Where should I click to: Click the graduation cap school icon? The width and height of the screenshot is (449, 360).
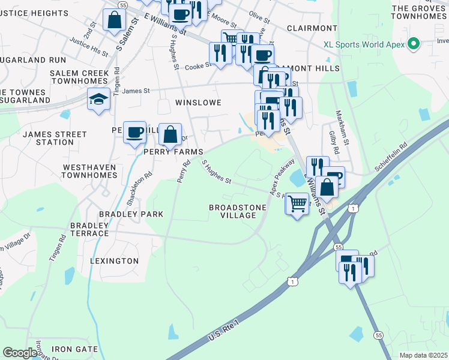point(98,100)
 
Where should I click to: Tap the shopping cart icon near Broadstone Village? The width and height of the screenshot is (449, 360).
point(297,204)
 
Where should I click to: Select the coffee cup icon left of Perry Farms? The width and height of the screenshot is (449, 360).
point(135,131)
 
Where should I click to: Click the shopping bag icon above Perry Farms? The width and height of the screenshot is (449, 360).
point(170,134)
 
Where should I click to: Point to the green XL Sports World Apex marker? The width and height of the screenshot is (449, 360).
point(412,44)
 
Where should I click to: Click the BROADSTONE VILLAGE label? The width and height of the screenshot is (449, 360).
point(237,211)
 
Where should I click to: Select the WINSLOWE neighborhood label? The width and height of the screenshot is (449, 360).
point(198,103)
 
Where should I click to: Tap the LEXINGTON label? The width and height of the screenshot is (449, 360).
point(114,261)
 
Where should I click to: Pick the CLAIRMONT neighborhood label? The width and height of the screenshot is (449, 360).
point(312,28)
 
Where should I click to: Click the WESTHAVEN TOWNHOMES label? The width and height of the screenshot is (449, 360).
point(89,171)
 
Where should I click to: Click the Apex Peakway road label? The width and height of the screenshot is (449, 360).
point(282,177)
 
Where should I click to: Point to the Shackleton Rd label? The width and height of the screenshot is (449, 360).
point(142,186)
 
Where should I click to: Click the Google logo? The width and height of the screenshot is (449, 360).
point(20,353)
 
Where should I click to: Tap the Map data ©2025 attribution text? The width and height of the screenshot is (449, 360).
point(423,355)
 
